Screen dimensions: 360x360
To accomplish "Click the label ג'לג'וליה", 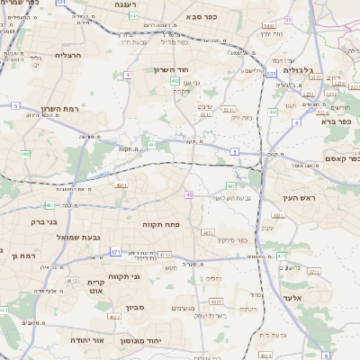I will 298,68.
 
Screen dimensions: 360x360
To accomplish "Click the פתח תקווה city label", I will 162,224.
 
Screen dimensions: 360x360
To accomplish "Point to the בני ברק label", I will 43,220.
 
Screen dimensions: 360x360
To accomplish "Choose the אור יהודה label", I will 86,341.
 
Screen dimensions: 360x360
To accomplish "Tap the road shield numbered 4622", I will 112,316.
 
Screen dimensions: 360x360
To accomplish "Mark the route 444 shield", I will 273,112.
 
